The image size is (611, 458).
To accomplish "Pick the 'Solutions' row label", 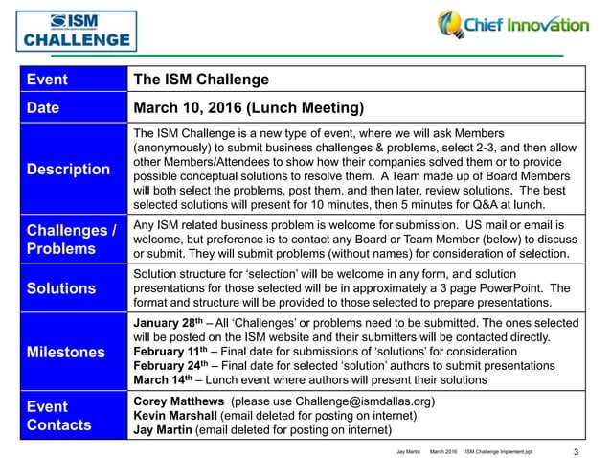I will [x=61, y=288].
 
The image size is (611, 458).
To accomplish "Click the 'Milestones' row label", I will [x=67, y=352].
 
